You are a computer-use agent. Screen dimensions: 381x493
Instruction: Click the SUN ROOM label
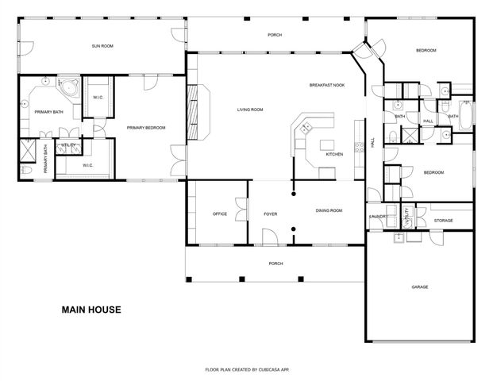point(102,47)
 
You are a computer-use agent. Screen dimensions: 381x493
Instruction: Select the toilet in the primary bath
point(25,169)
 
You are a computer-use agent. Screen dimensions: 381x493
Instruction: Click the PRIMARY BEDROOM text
point(146,127)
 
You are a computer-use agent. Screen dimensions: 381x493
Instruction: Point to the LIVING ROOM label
point(250,110)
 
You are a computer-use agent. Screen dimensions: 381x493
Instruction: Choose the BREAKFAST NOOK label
point(326,85)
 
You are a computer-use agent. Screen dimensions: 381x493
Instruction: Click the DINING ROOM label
point(329,210)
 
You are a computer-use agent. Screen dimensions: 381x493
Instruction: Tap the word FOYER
point(270,214)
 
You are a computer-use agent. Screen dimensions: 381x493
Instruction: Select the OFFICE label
point(220,214)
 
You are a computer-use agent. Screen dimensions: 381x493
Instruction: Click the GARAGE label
point(419,287)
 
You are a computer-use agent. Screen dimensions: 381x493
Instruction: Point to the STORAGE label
point(443,221)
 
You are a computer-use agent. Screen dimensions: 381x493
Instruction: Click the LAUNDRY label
point(377,216)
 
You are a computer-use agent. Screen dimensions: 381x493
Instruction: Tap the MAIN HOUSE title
point(91,310)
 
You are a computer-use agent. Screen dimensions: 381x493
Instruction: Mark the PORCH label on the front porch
point(275,264)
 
